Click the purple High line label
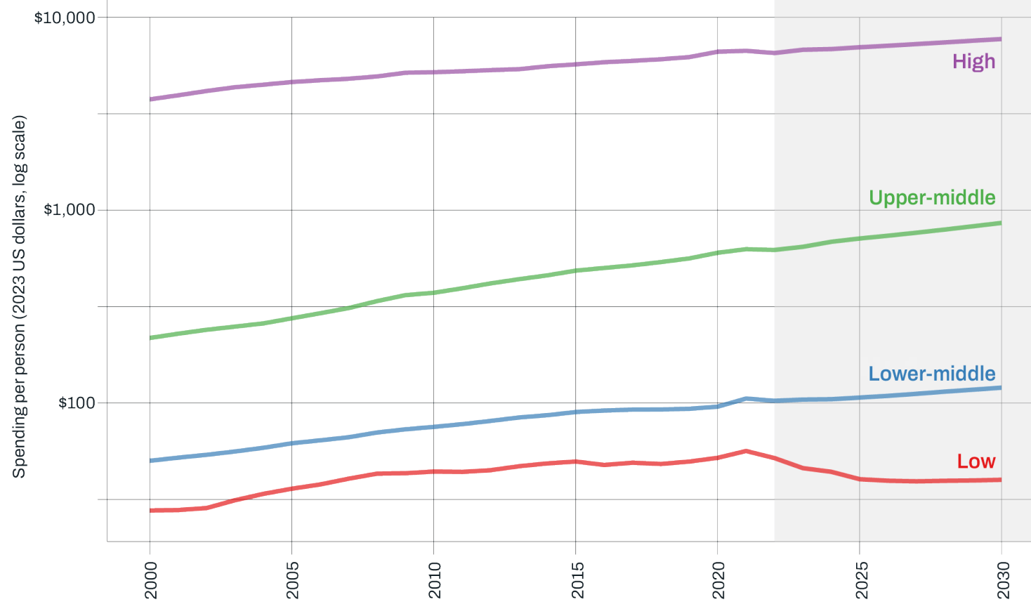[x=973, y=62]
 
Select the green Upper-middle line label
[x=932, y=197]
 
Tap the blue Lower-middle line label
[x=932, y=374]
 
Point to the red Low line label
[x=976, y=461]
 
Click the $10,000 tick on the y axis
[x=65, y=17]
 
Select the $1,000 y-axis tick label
[x=69, y=210]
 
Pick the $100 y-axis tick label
[x=77, y=403]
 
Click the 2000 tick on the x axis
[x=150, y=579]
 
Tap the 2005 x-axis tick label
[x=292, y=579]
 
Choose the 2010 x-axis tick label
[x=434, y=579]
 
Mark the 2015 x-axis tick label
[x=576, y=579]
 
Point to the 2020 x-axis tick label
[x=718, y=579]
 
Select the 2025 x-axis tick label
[x=860, y=579]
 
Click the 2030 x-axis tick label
[x=1002, y=579]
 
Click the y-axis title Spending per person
[x=19, y=296]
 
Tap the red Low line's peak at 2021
[x=746, y=451]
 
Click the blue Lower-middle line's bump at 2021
[x=746, y=398]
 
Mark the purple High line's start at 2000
[x=150, y=99]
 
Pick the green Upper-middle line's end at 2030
[x=1001, y=223]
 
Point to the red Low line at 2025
[x=860, y=479]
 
